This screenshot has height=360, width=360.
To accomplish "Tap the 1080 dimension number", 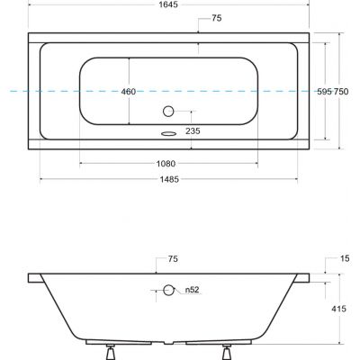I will (x=164, y=164).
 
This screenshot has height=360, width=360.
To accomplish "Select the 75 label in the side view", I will (x=173, y=258).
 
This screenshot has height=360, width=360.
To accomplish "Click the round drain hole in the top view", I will (x=169, y=112).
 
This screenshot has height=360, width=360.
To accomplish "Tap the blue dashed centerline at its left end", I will (x=4, y=92).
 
